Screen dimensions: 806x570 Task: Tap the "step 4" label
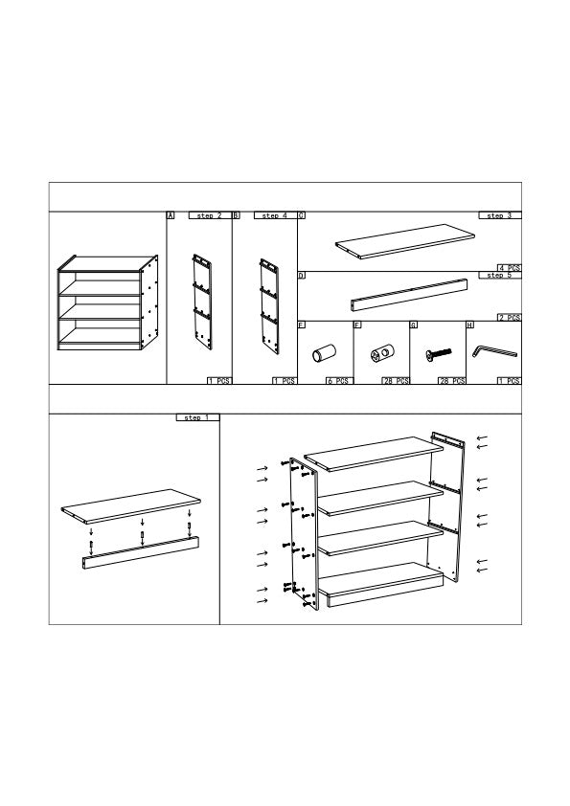coord(274,216)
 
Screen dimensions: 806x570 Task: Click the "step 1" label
coord(197,418)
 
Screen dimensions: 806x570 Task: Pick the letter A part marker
coord(171,216)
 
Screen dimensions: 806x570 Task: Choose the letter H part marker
coord(469,325)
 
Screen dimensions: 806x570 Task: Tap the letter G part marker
coord(414,325)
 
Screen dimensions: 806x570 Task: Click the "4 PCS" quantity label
coord(509,267)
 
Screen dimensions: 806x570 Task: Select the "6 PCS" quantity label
coord(338,381)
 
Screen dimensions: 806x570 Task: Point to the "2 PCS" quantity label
coord(509,317)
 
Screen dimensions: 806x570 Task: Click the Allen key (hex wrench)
coord(493,353)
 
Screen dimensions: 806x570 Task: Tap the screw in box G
coord(437,355)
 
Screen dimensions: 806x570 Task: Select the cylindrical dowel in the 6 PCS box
coord(318,356)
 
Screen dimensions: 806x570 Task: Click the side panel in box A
coord(201,300)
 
